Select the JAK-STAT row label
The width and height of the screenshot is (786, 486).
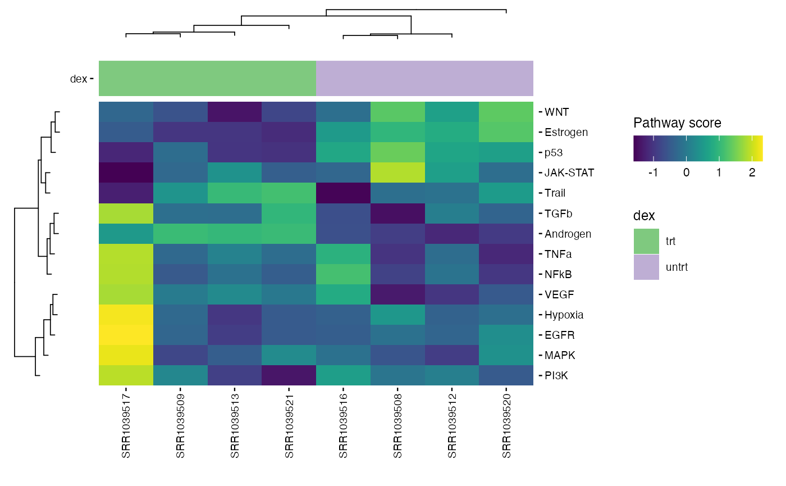pos(569,173)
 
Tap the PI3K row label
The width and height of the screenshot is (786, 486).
pos(556,376)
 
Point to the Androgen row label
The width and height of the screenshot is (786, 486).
pos(568,234)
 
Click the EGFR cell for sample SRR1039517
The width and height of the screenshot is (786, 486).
pos(126,335)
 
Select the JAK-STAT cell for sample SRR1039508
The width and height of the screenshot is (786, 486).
pos(397,173)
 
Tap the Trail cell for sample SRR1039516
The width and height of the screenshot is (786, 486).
pos(344,193)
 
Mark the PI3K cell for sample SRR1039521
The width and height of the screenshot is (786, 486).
pos(289,375)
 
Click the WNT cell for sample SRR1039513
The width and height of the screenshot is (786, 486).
pos(235,112)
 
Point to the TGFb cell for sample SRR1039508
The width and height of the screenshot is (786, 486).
pos(397,214)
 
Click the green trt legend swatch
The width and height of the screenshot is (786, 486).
pos(646,242)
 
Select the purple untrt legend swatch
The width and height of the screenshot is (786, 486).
pos(646,267)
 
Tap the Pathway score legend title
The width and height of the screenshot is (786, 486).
pos(677,123)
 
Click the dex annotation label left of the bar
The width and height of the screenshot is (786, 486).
pos(78,79)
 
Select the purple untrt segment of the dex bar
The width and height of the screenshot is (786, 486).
pos(424,79)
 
